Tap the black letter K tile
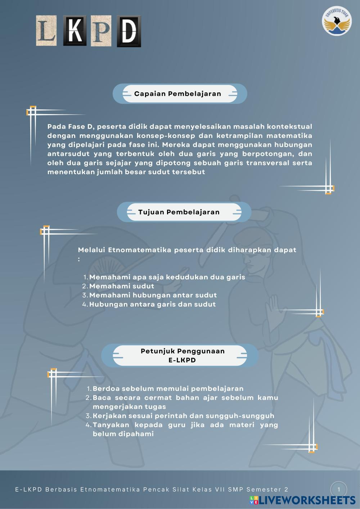75,31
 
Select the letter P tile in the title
101,31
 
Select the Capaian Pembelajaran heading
178,94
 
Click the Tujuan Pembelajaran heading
179,212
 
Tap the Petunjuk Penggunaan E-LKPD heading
183,355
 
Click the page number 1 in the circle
338,490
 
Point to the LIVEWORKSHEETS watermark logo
303,500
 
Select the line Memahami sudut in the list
122,286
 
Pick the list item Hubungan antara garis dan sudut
152,304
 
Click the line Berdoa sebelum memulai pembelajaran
168,389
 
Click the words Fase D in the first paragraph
81,127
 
